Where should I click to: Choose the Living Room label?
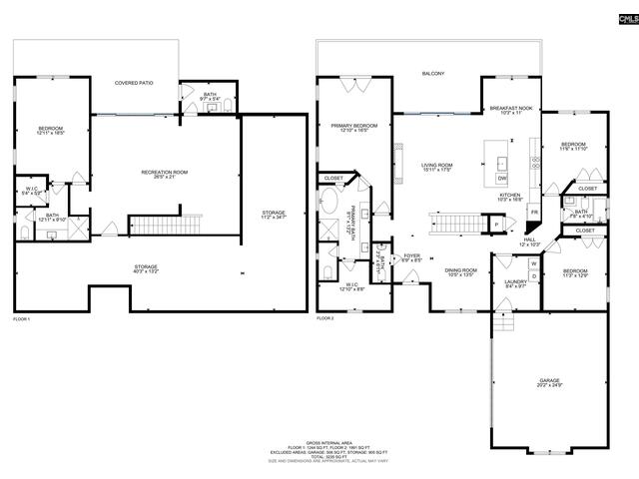pyautogui.click(x=436, y=167)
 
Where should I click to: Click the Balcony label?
pyautogui.click(x=432, y=74)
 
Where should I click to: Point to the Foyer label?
pyautogui.click(x=412, y=256)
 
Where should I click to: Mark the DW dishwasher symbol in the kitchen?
pyautogui.click(x=501, y=179)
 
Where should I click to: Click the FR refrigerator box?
pyautogui.click(x=534, y=212)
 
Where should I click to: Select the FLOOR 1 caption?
pyautogui.click(x=22, y=319)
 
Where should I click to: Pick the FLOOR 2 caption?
pyautogui.click(x=326, y=318)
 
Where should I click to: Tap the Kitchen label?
pyautogui.click(x=509, y=197)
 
